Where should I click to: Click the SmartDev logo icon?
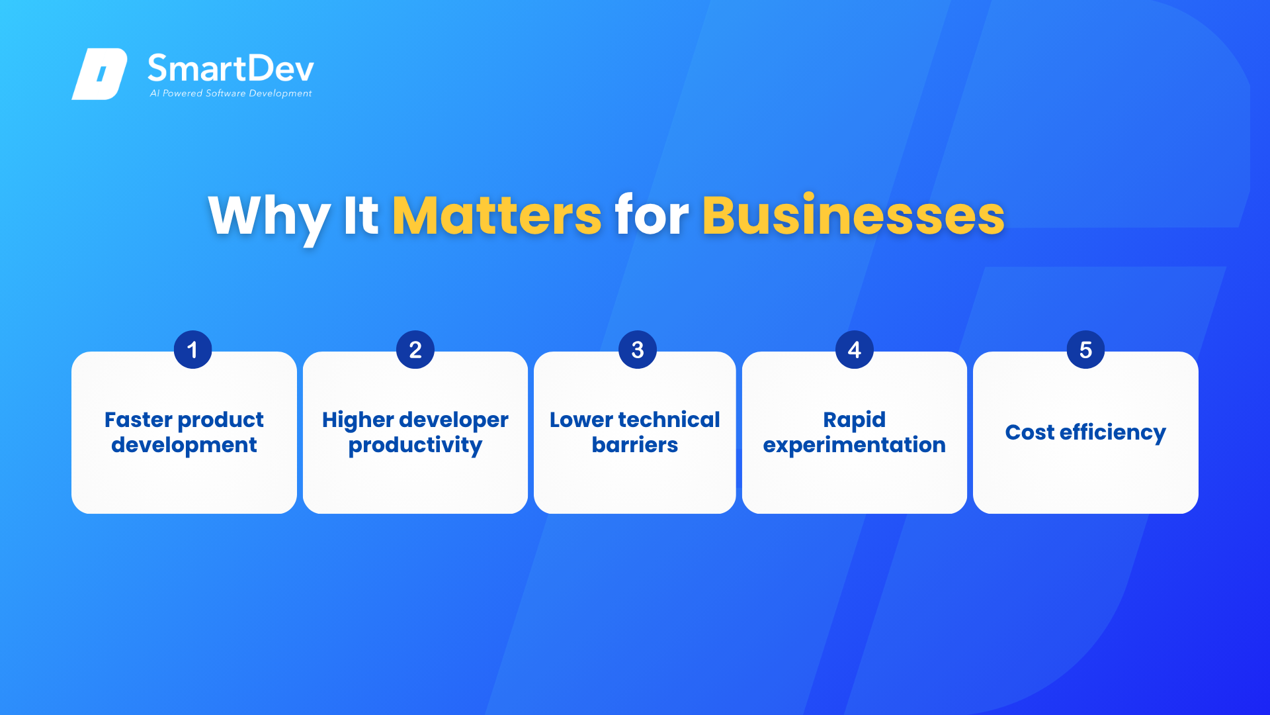pos(99,73)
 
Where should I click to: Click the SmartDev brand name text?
pos(231,68)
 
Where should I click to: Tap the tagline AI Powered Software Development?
pos(231,93)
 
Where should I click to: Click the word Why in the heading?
pos(269,216)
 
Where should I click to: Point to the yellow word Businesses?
pos(853,215)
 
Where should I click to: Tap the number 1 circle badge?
pos(192,350)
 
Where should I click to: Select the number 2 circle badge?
pos(415,350)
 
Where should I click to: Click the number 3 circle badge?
pos(638,350)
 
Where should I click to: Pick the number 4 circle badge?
pos(855,350)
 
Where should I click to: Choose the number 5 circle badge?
pos(1085,350)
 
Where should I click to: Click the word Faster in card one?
pos(138,420)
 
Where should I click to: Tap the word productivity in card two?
pos(415,446)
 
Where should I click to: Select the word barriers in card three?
pos(635,445)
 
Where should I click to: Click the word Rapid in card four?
pos(854,420)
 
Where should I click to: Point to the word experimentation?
pos(854,446)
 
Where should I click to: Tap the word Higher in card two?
pos(358,420)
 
